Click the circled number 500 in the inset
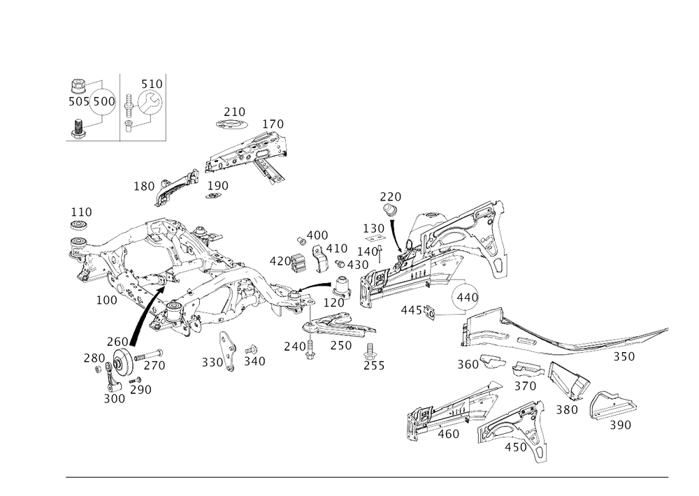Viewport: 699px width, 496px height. click(x=103, y=102)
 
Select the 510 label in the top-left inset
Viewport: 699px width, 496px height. click(x=151, y=85)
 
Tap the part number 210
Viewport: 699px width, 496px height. click(x=233, y=112)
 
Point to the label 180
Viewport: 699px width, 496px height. click(x=145, y=187)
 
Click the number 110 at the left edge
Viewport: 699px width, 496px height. click(x=82, y=212)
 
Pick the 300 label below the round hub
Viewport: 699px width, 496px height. click(x=113, y=400)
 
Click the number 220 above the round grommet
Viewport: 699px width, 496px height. click(x=391, y=196)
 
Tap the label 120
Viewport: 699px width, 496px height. click(x=273, y=124)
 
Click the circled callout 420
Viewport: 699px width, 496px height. click(x=465, y=298)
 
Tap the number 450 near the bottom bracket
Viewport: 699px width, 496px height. click(x=518, y=447)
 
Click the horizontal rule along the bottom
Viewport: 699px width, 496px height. click(x=367, y=478)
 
